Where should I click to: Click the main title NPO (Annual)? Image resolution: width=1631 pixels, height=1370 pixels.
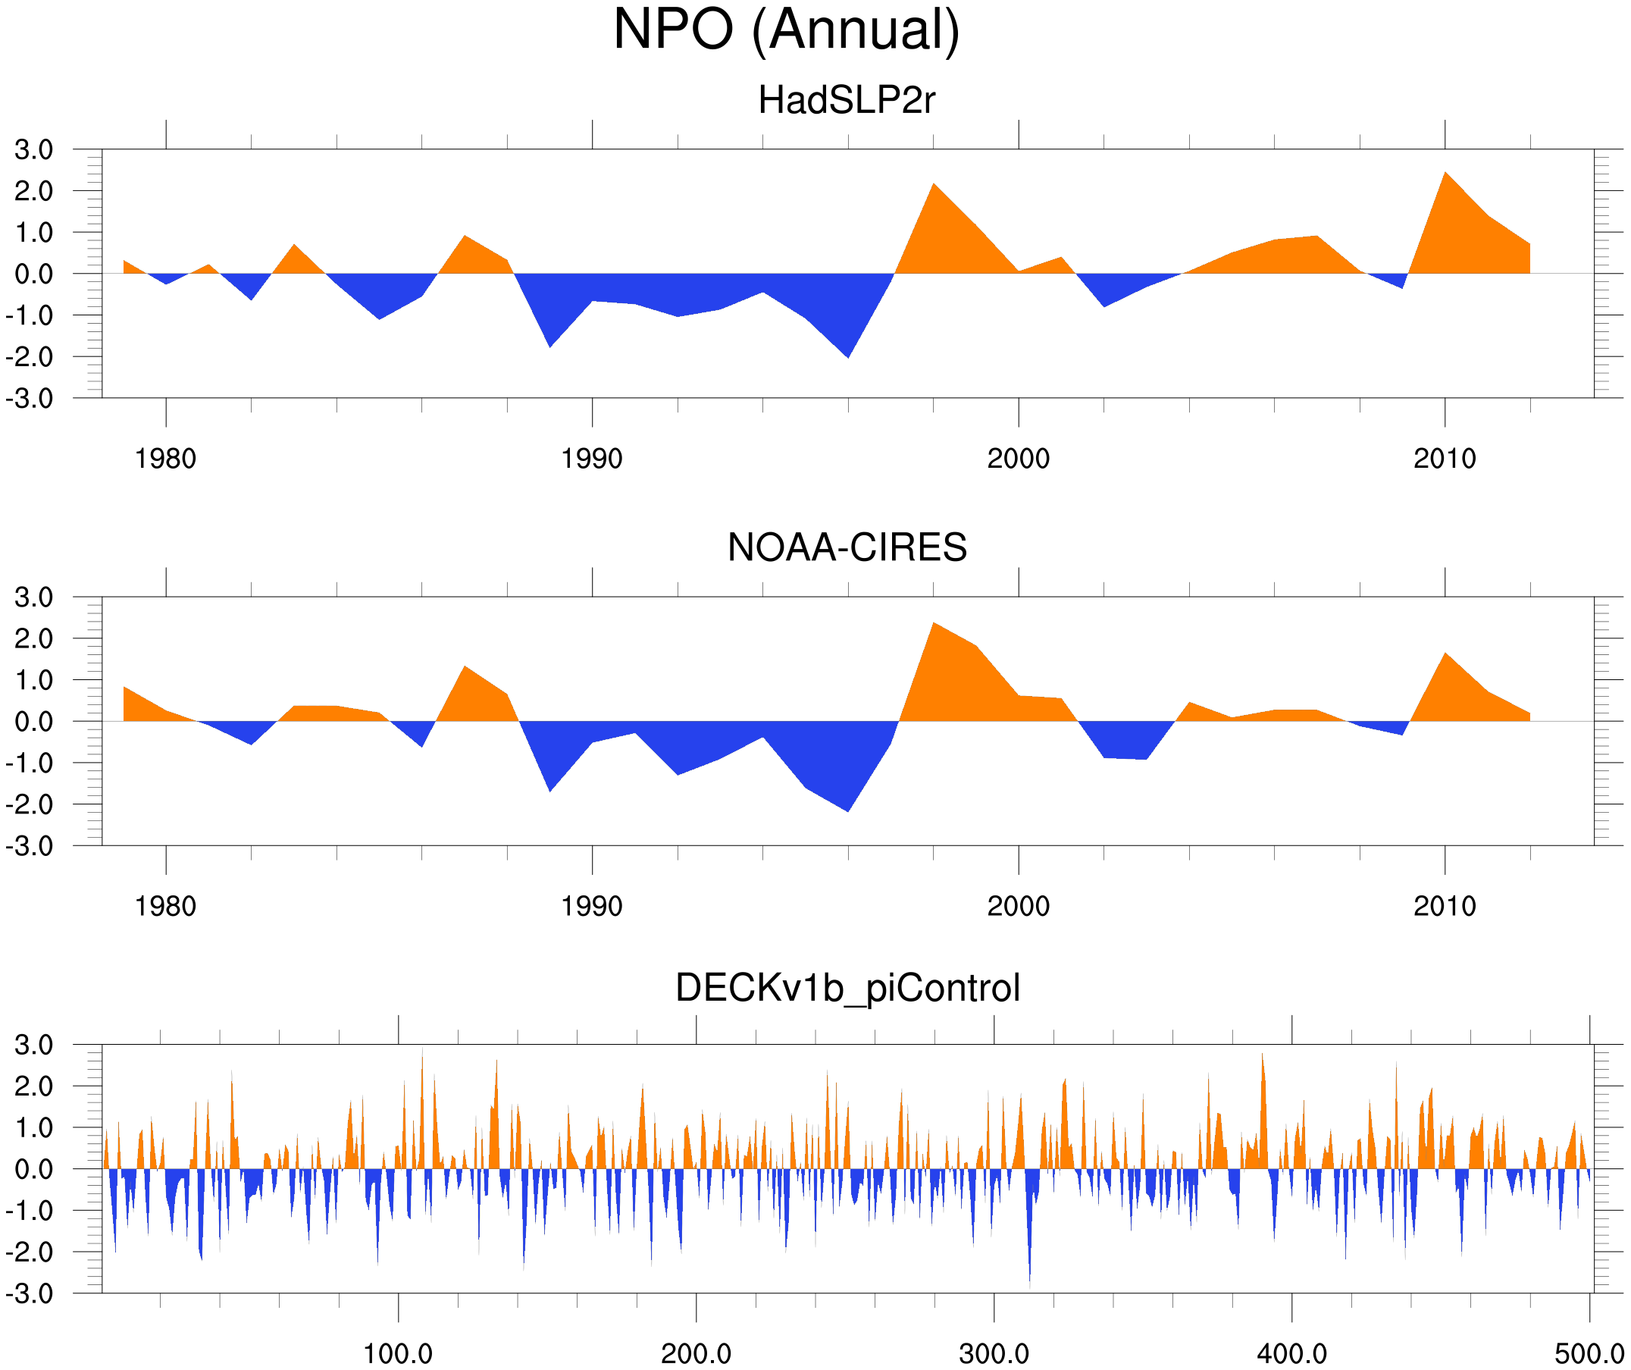click(x=786, y=30)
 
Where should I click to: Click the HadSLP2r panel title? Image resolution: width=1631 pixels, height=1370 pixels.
click(x=847, y=100)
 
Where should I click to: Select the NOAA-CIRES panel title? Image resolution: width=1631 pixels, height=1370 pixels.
click(x=847, y=548)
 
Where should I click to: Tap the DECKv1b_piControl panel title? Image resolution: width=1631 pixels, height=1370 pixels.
click(x=847, y=989)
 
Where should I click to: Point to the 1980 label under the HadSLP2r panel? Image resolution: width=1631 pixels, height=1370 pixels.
click(x=165, y=459)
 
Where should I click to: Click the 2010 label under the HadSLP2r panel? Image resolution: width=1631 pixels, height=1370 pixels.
click(x=1445, y=459)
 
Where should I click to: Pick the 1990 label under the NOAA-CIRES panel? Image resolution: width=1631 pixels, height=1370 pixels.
click(x=592, y=906)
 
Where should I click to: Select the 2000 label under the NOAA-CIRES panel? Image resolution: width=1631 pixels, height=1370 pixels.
click(x=1018, y=906)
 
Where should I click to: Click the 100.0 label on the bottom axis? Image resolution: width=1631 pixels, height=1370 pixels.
click(x=398, y=1353)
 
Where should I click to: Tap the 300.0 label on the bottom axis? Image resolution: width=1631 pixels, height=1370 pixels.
click(x=994, y=1353)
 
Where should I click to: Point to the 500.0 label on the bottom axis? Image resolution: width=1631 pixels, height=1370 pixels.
click(x=1589, y=1353)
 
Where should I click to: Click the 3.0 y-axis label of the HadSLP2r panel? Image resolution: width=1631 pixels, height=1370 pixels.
click(x=33, y=149)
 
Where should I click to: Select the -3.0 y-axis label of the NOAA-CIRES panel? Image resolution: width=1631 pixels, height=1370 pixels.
click(x=30, y=846)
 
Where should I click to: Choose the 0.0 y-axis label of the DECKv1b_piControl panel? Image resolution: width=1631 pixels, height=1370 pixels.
click(x=33, y=1170)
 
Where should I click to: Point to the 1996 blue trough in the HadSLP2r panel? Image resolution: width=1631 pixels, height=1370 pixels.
click(x=848, y=354)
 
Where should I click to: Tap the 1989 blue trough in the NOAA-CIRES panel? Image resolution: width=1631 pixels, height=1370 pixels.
click(x=550, y=788)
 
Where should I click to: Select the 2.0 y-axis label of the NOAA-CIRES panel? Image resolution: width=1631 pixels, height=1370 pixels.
click(x=33, y=639)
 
